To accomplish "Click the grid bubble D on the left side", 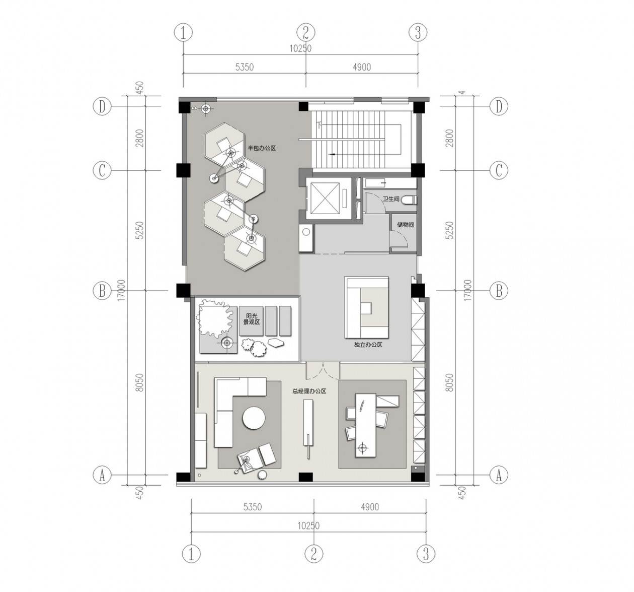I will point(102,107).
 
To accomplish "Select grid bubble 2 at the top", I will point(305,33).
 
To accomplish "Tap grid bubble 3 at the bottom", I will point(426,554).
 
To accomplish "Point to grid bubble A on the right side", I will point(499,475).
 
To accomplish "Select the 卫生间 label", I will point(390,200).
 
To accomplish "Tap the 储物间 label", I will point(405,225).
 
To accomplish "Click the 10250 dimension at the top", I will point(300,49).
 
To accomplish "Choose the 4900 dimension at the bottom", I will point(369,507).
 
